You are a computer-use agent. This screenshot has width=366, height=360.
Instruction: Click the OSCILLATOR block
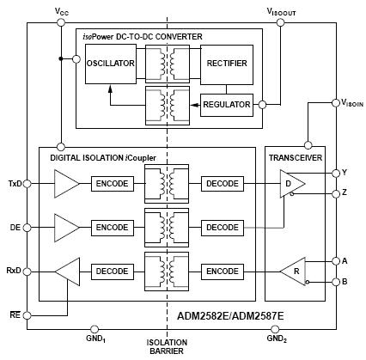111,64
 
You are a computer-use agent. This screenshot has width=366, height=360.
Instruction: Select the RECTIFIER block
227,64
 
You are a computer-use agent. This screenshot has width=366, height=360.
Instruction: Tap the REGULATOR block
227,105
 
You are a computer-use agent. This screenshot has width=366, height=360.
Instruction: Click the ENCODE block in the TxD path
113,184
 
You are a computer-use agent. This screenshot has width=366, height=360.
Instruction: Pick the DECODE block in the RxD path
113,272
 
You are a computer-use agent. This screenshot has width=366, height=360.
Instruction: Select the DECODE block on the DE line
223,228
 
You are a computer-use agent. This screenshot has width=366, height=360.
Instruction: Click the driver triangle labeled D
292,184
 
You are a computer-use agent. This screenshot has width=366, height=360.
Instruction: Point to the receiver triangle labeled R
293,272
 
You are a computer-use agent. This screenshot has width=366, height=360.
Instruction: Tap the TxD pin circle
27,184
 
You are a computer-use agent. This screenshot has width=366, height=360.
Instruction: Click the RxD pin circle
27,272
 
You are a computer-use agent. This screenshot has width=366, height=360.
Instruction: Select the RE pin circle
27,315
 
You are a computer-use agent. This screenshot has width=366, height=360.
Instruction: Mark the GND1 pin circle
95,329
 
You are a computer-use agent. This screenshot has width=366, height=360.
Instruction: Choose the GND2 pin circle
275,329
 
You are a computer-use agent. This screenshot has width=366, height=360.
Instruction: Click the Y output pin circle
336,173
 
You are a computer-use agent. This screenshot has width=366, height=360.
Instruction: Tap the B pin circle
336,282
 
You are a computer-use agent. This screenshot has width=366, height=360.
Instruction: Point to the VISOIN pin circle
336,102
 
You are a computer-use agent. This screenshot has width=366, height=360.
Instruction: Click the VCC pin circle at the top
61,22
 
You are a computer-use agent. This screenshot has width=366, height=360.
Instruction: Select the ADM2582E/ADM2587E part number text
230,316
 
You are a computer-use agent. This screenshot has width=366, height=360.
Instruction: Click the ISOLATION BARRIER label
167,346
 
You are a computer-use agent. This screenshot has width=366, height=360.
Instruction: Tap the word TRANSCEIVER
296,157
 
